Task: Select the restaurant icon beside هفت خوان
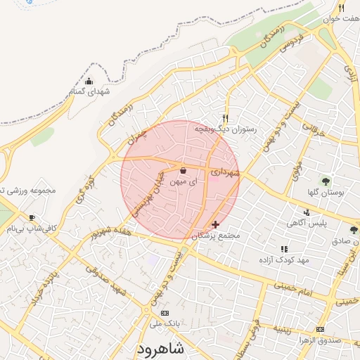[341, 8]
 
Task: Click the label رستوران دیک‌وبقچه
[229, 129]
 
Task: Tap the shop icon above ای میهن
[184, 170]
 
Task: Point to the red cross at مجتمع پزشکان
[215, 224]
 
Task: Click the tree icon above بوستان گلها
[325, 181]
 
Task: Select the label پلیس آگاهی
[305, 223]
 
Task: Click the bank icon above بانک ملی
[165, 313]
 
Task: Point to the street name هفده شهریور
[105, 233]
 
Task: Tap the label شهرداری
[226, 171]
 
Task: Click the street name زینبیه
[288, 328]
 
